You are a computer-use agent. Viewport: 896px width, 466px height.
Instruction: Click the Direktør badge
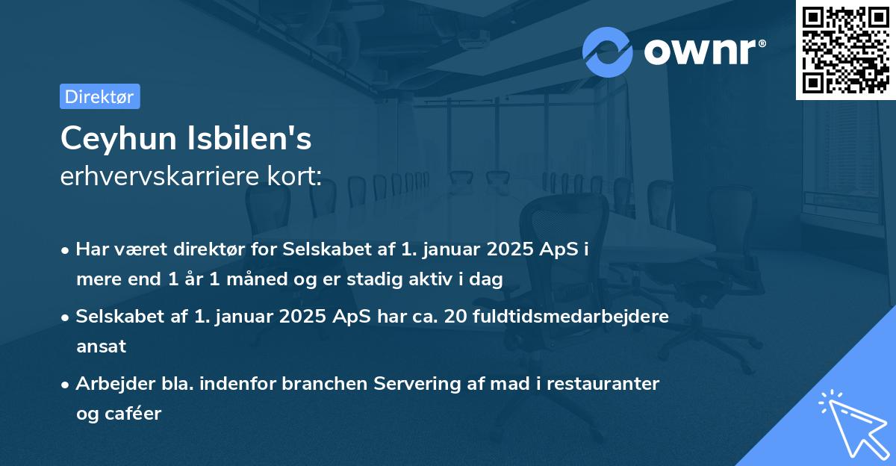(99, 96)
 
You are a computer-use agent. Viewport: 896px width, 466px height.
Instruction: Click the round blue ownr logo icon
(608, 52)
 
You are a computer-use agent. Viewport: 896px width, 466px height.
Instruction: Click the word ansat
(101, 347)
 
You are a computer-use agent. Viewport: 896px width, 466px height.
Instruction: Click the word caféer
(134, 414)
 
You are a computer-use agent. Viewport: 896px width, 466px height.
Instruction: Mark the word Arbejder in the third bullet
(110, 384)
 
